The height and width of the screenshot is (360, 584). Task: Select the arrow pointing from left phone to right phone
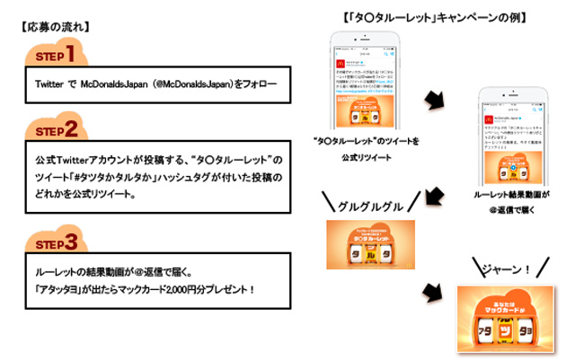click(433, 100)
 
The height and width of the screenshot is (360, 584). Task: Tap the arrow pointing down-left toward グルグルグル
click(434, 194)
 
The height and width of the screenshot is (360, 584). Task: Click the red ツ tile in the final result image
click(506, 326)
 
